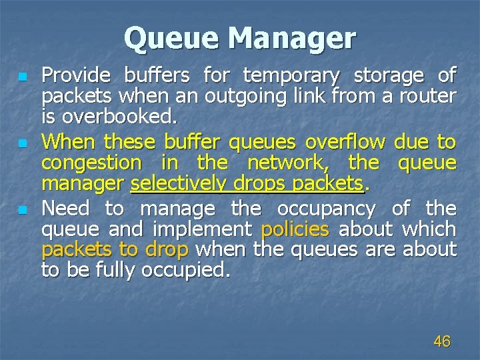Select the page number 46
click(441, 341)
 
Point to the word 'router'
click(428, 97)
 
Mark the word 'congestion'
click(91, 163)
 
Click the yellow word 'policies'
click(295, 230)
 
